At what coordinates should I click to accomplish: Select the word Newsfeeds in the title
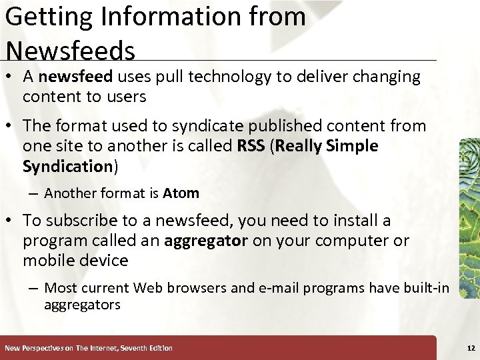coord(70,51)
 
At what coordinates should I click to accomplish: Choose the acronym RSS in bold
coord(251,146)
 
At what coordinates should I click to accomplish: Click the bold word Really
coord(299,146)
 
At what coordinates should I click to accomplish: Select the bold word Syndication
coord(67,166)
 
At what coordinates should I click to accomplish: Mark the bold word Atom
coord(181,194)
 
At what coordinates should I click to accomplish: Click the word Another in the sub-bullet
coord(70,194)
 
